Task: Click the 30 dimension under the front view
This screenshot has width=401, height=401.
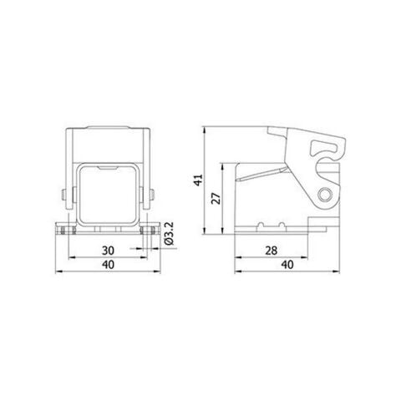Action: tap(109, 251)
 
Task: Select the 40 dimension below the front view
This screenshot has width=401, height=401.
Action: tap(109, 266)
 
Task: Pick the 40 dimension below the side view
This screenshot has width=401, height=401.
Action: tap(287, 266)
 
